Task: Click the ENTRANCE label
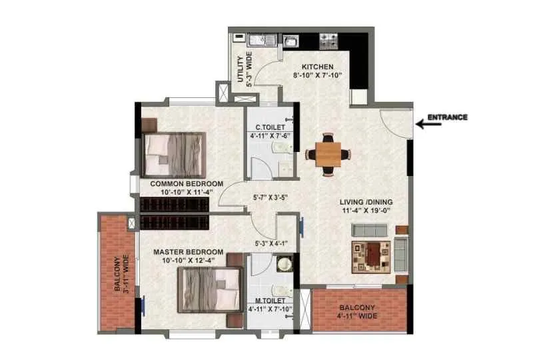[x=447, y=118]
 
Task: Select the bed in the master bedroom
[x=208, y=289]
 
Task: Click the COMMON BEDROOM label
[x=187, y=183]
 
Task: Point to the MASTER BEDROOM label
[x=188, y=252]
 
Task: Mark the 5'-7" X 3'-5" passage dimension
[x=272, y=197]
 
